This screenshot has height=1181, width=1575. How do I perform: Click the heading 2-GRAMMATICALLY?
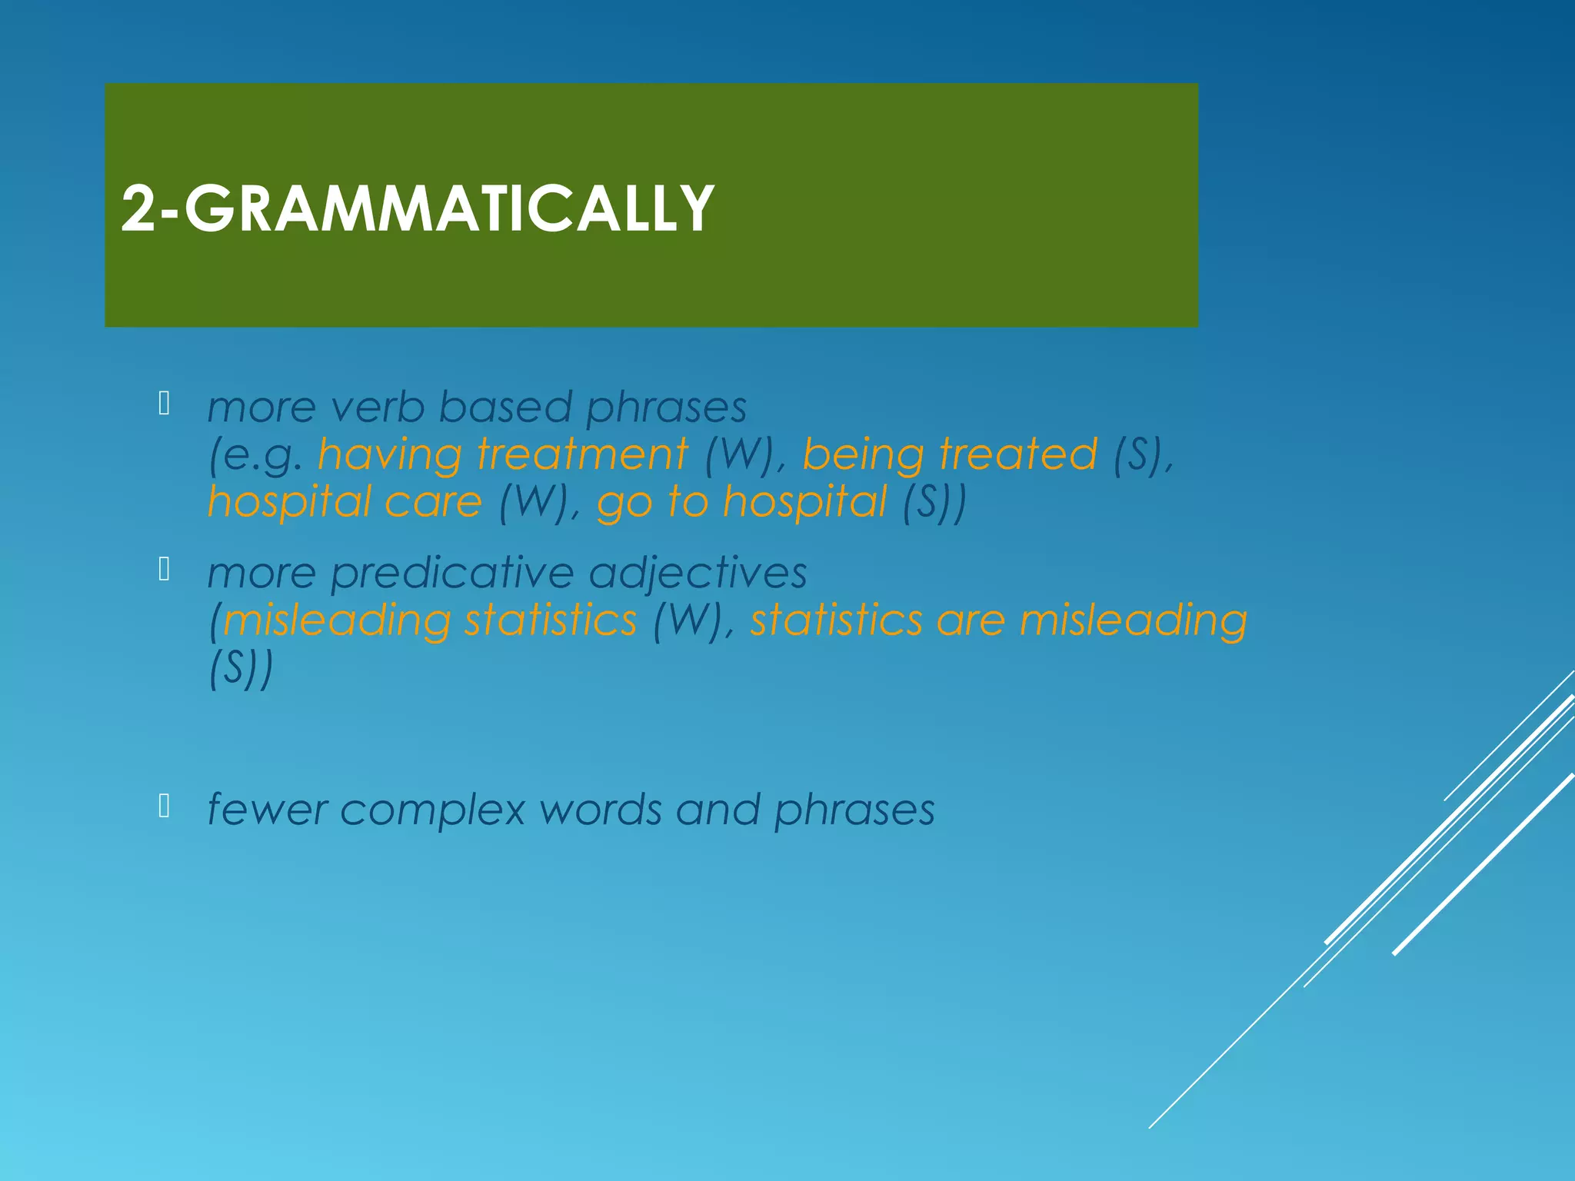[x=418, y=208]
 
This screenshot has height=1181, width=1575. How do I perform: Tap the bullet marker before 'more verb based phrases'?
[x=164, y=404]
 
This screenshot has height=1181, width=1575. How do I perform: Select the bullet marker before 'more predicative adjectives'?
[x=164, y=570]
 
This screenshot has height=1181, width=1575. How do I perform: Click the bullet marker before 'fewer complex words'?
[x=164, y=807]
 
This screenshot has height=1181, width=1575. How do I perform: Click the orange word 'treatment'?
[x=582, y=454]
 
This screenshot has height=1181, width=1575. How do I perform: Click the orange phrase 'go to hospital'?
[x=741, y=502]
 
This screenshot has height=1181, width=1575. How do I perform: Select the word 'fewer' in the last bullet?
[x=267, y=810]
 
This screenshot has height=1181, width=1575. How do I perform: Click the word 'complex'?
[x=432, y=810]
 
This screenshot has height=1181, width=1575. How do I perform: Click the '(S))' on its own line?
[x=241, y=668]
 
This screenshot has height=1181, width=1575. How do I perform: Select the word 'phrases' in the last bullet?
[x=854, y=810]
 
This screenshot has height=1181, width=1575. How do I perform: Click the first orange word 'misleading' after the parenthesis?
[x=337, y=620]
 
